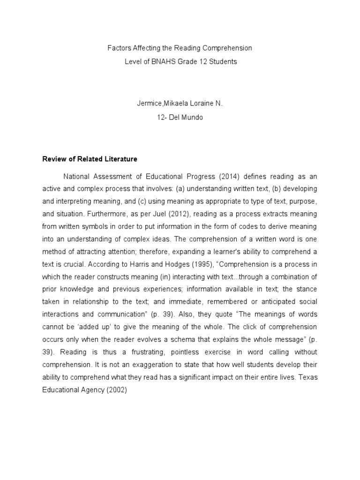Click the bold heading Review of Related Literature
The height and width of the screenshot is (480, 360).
click(90, 159)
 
